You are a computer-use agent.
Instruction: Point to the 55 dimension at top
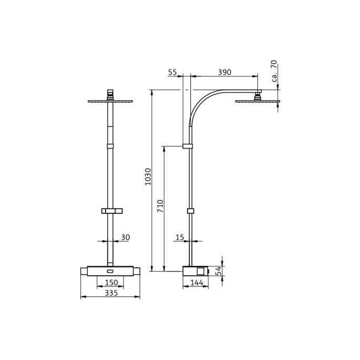(172, 72)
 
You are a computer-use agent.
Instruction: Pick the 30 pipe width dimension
(125, 238)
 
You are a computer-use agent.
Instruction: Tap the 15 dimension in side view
(179, 238)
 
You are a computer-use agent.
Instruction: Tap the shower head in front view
(110, 101)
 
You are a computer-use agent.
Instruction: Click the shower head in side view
(258, 101)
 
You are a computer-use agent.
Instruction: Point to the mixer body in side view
(196, 272)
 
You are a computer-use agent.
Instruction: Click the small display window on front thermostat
(110, 272)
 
